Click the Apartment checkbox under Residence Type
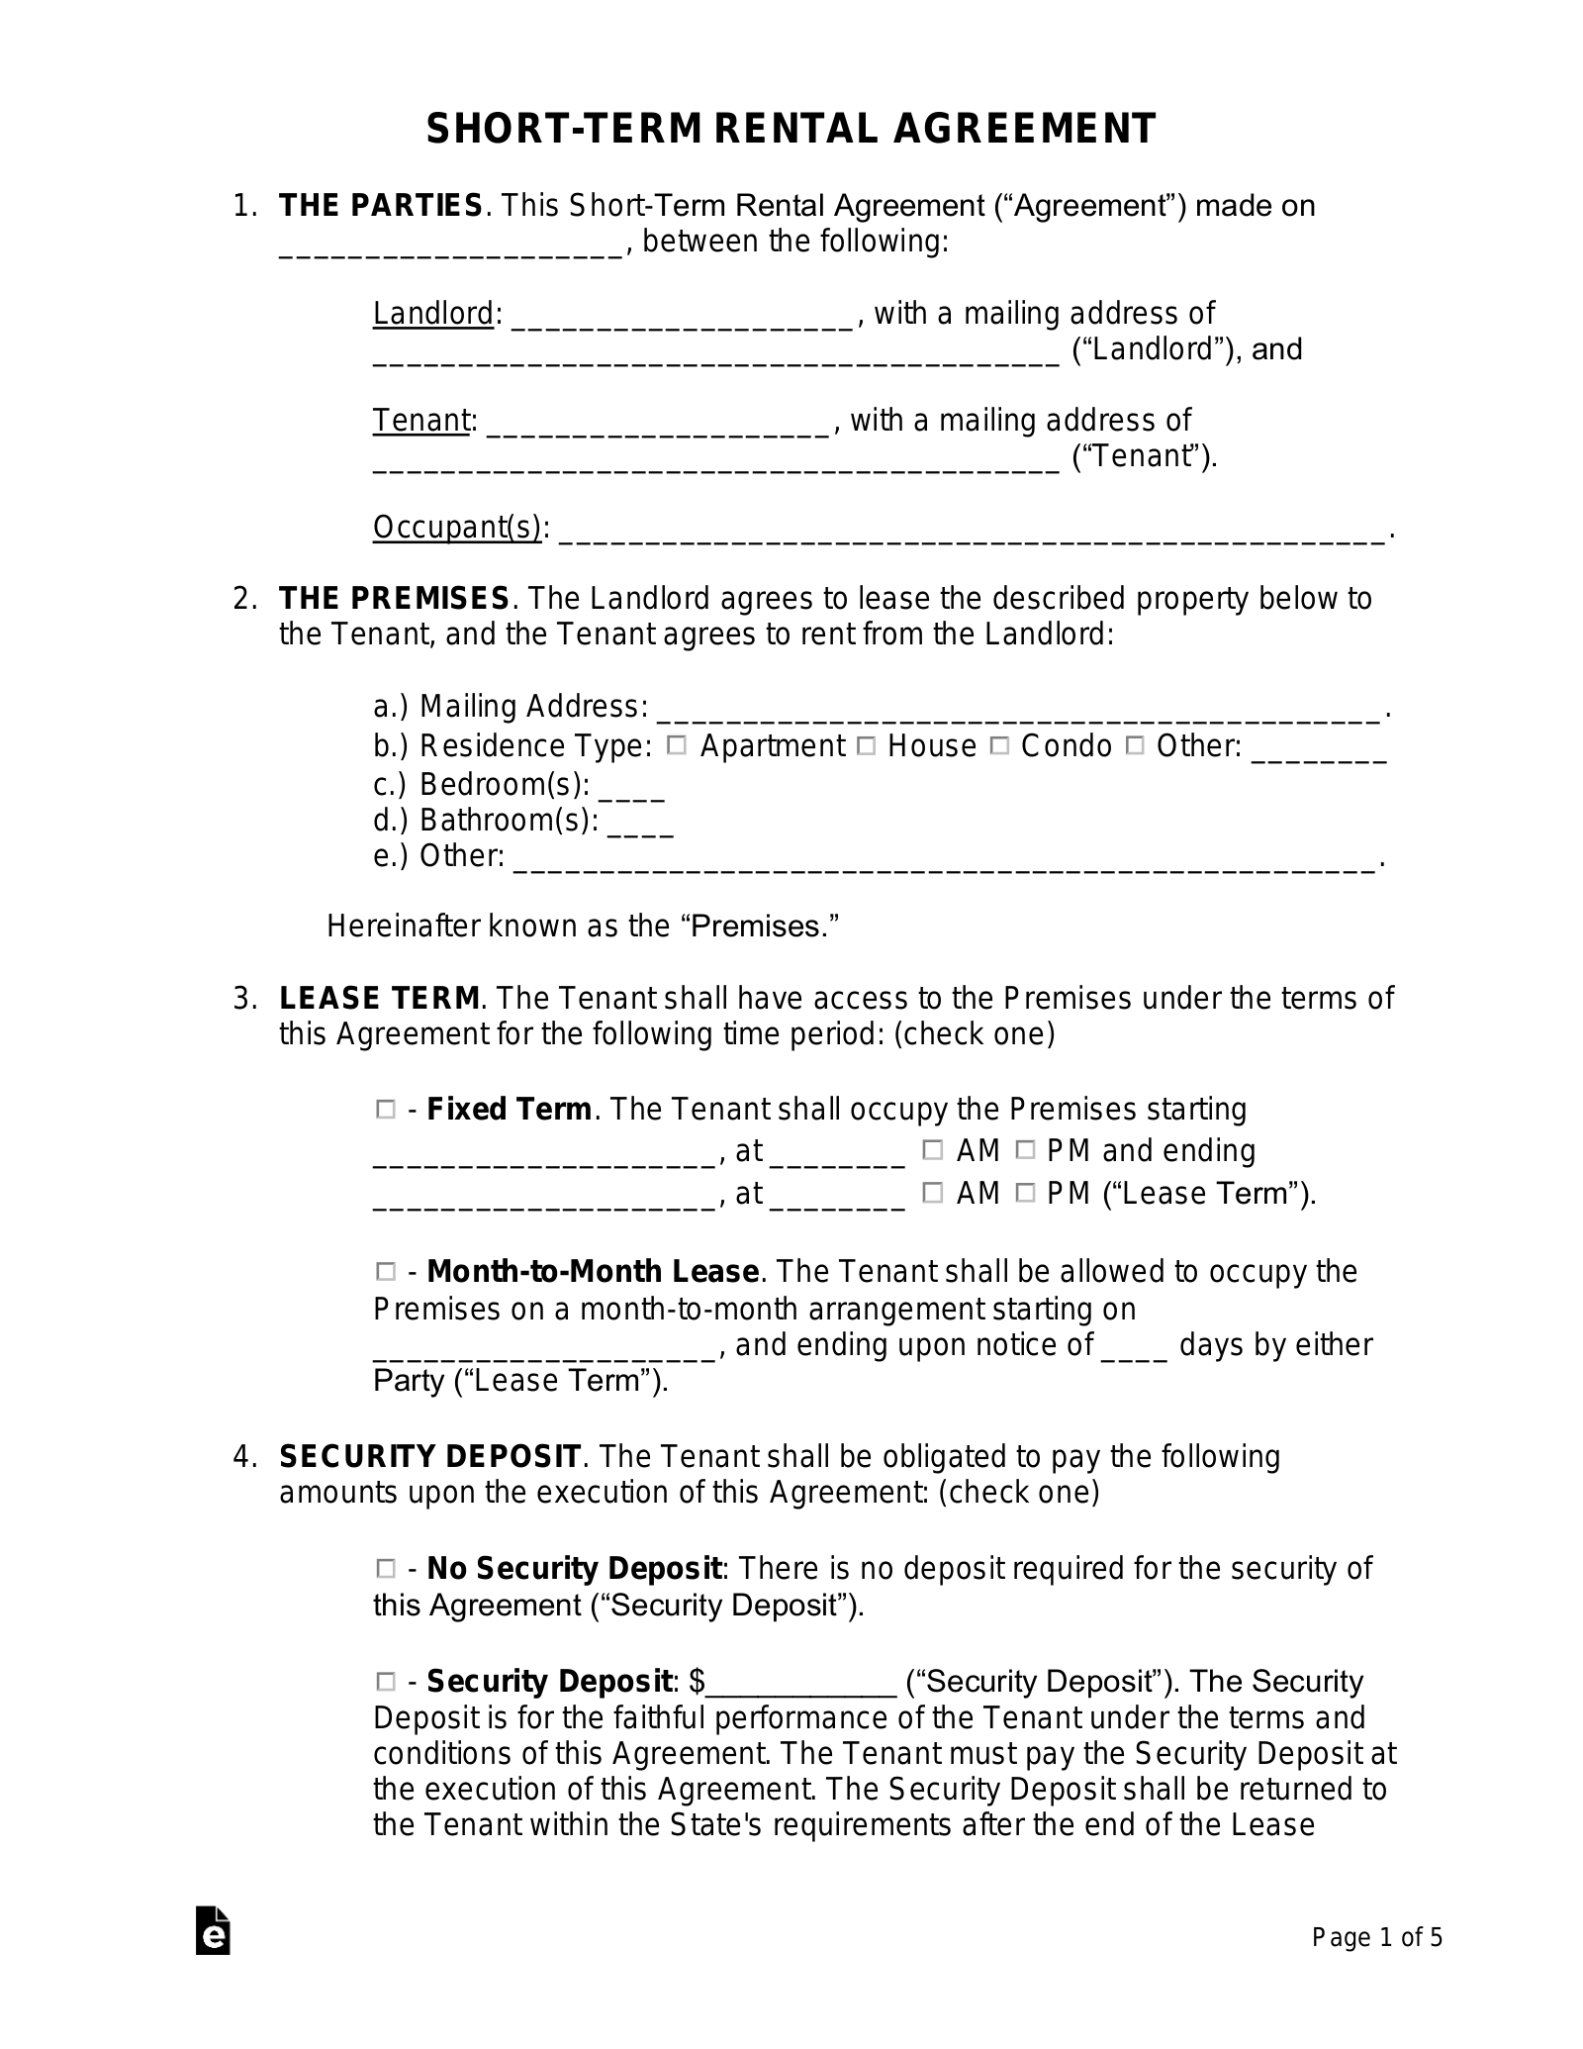point(677,746)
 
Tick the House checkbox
point(866,746)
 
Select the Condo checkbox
point(999,746)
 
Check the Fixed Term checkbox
point(385,1111)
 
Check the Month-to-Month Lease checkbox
point(385,1272)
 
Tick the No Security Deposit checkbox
point(385,1569)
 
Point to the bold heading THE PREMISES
point(394,599)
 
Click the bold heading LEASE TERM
point(380,998)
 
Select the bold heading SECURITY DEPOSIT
point(429,1457)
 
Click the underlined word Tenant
point(420,421)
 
